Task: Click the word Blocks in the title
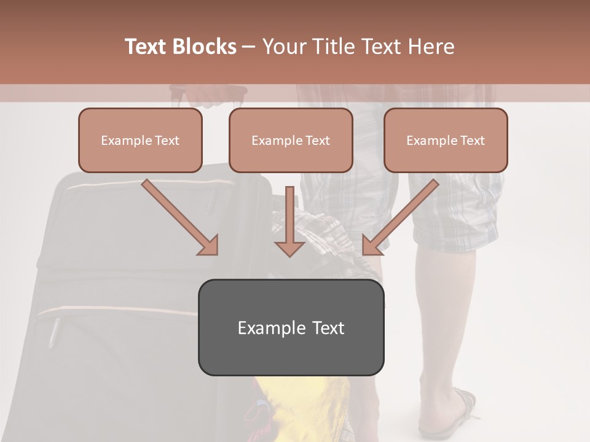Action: (x=203, y=47)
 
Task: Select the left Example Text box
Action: (x=140, y=141)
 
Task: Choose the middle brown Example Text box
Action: (x=291, y=141)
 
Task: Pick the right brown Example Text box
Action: (x=446, y=141)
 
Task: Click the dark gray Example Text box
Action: (x=291, y=328)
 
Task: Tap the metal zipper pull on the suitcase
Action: (x=54, y=331)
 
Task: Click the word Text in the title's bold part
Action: (x=146, y=47)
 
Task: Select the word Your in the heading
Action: (x=283, y=47)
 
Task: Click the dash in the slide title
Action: (x=249, y=47)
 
